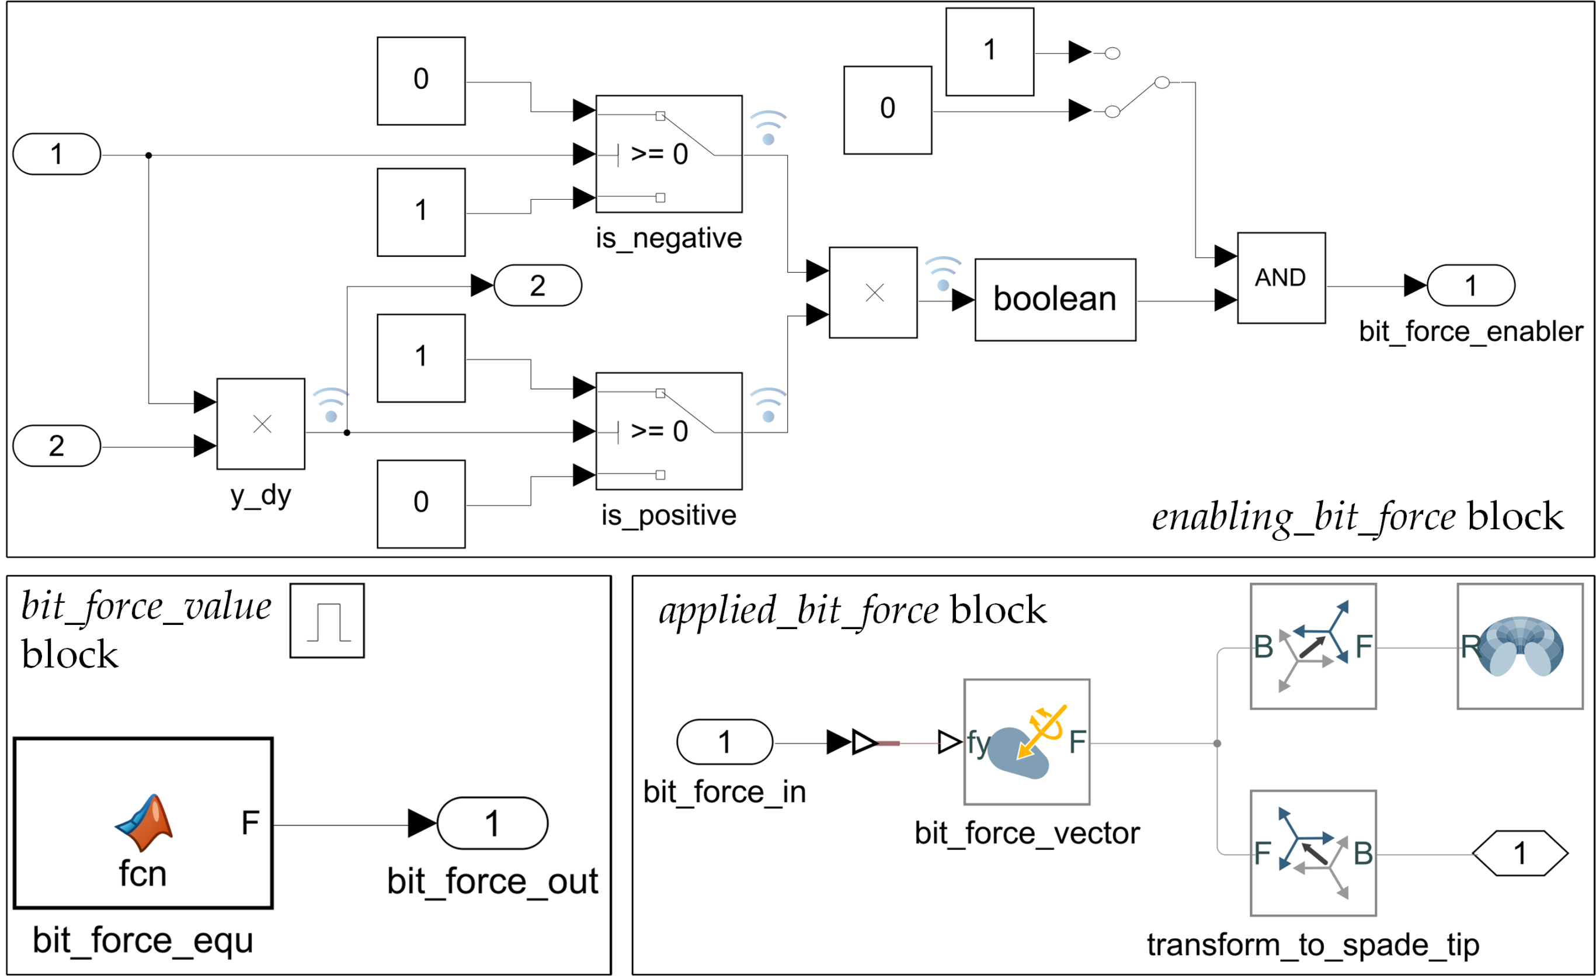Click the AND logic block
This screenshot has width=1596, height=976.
(x=1281, y=278)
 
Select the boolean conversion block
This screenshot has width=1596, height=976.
(x=1055, y=300)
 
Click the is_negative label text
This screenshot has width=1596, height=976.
(x=669, y=238)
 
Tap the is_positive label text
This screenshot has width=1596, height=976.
(x=669, y=516)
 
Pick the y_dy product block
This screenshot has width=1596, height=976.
(x=260, y=423)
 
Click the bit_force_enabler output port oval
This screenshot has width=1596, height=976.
(x=1470, y=286)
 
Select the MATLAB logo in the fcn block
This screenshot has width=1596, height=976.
(x=144, y=822)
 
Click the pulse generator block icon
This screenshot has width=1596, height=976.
(x=327, y=620)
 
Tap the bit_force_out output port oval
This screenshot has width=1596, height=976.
(x=492, y=823)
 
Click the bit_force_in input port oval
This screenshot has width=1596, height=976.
(x=724, y=742)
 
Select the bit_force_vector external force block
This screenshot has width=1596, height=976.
(x=1027, y=742)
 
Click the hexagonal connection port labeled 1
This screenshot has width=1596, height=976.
(x=1519, y=853)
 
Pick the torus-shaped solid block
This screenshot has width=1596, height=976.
(x=1519, y=647)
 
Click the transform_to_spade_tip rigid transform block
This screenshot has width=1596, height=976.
(x=1312, y=853)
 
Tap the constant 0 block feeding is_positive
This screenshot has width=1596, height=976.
(x=421, y=504)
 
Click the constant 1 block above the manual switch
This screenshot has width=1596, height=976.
(x=989, y=52)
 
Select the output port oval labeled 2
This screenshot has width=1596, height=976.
(x=538, y=286)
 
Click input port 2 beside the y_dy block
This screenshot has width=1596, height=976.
(x=57, y=446)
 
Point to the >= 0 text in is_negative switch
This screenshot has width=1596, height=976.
(x=659, y=154)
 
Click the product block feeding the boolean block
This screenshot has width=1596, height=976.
(x=873, y=293)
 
